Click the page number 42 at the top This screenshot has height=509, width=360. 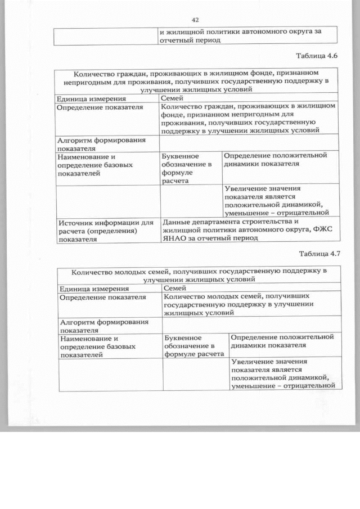coord(195,19)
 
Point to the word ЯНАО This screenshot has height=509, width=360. coord(173,238)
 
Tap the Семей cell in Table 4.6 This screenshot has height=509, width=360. coord(172,98)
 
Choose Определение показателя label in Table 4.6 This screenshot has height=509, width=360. coord(97,107)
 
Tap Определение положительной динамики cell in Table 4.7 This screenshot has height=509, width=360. coord(282,340)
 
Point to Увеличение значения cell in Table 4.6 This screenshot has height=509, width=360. coord(276,201)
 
